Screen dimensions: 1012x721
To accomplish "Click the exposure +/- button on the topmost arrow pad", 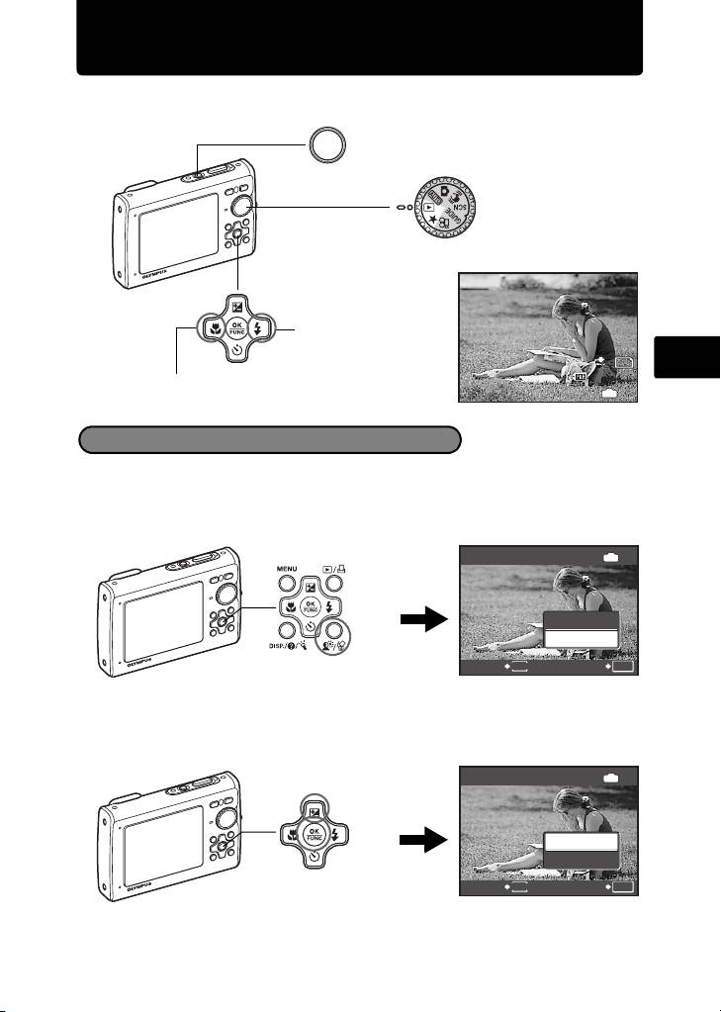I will [237, 303].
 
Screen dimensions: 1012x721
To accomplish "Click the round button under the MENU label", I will [285, 591].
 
